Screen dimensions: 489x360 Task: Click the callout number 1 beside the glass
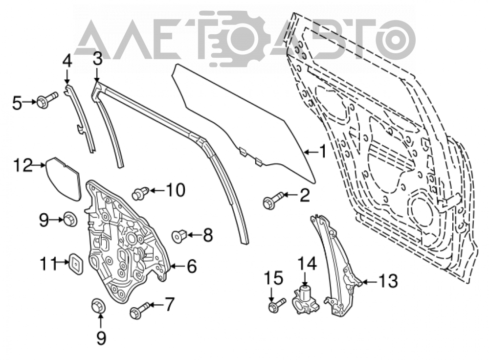322,152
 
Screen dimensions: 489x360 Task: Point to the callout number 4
67,61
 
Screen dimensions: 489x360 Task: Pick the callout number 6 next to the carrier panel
192,267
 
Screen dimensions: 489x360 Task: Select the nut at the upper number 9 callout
70,219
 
